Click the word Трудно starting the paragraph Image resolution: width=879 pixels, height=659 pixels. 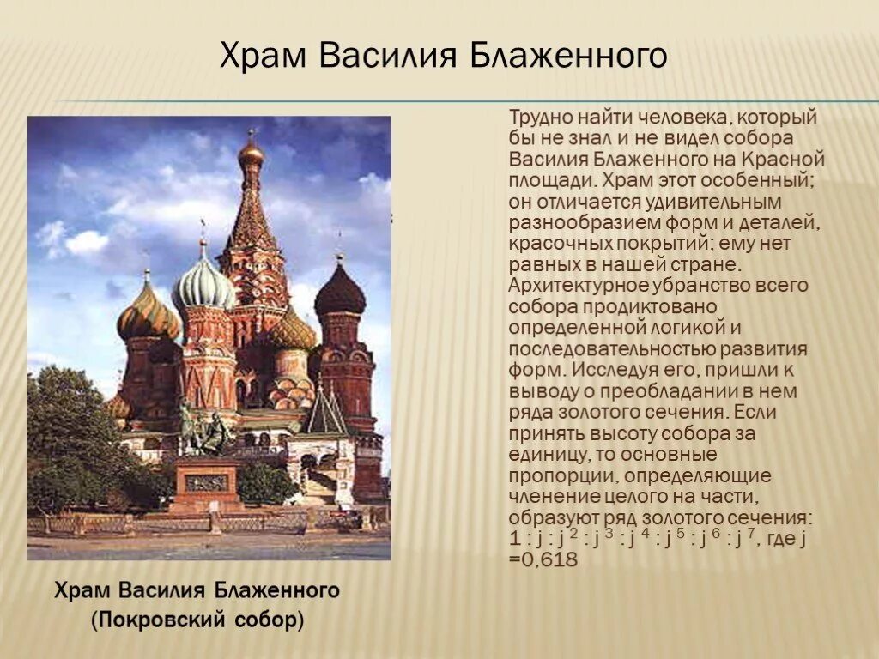coord(539,118)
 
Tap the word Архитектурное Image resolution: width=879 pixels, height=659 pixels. coord(573,286)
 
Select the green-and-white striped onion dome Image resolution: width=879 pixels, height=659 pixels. coord(203,287)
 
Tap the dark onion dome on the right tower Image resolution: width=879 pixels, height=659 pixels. coord(340,293)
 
